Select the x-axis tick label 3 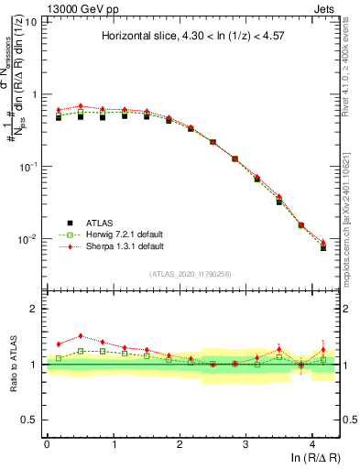point(246,444)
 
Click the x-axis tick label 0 point(47,444)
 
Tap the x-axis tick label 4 point(312,444)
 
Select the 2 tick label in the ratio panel point(35,309)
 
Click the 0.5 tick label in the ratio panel point(30,420)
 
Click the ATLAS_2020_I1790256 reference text point(190,274)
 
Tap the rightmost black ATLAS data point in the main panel point(322,247)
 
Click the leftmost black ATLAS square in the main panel point(59,117)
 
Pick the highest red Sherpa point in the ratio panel point(81,335)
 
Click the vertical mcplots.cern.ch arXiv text point(351,183)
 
